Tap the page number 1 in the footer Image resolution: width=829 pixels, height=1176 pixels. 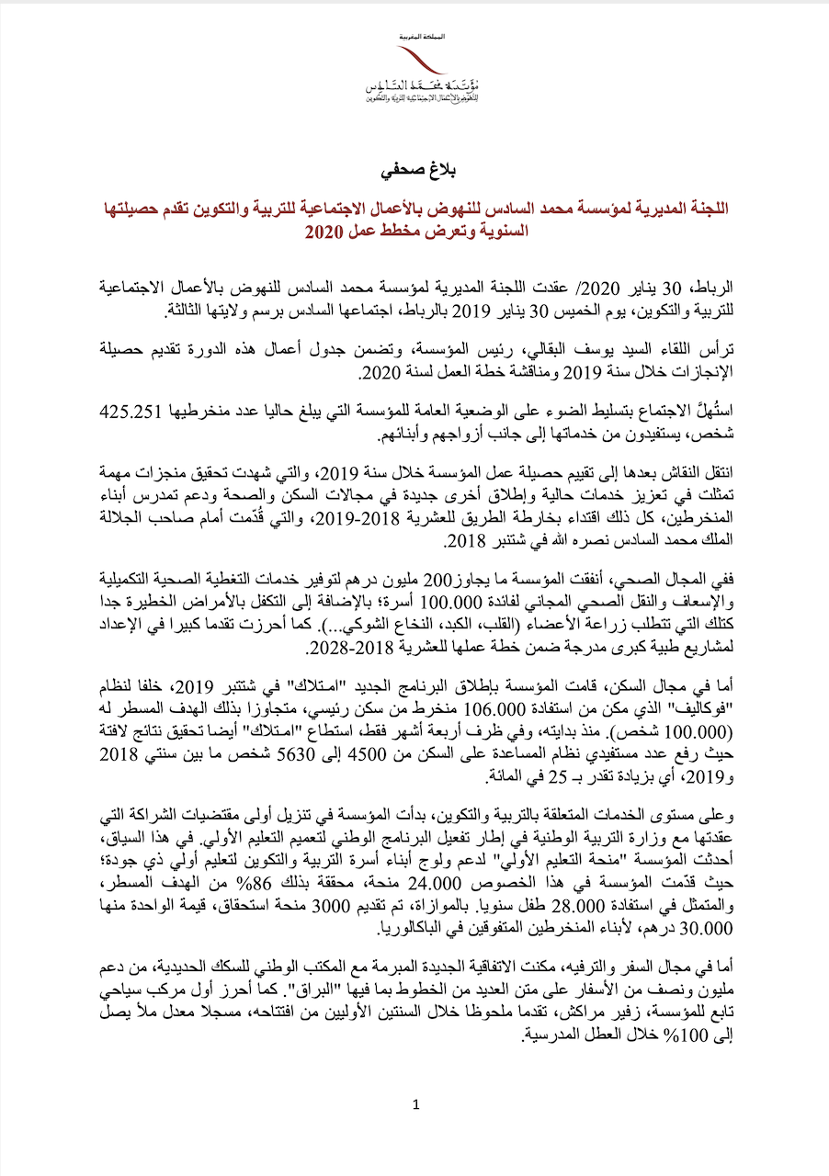coord(415,1104)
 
